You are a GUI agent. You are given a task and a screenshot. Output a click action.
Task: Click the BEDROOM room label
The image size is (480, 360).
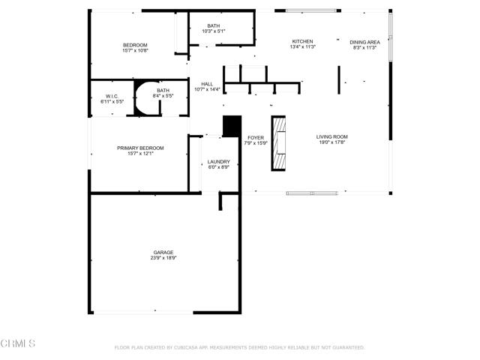coord(135,45)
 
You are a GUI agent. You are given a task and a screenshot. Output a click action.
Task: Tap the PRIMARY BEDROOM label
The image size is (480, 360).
coord(140,148)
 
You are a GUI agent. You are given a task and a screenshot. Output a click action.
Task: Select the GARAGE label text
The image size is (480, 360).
coord(163,252)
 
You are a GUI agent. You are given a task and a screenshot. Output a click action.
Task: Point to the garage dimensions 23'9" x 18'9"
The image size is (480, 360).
coord(163,258)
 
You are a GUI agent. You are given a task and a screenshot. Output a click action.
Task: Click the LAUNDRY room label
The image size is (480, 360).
coord(219,161)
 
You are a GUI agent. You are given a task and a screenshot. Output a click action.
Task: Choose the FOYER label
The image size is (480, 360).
coord(256,137)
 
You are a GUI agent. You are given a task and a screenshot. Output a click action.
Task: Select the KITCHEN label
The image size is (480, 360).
coord(302,41)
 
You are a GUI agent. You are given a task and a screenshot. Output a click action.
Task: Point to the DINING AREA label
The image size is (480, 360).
coord(364,42)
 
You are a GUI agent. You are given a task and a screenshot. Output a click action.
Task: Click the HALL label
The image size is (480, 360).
coord(207,84)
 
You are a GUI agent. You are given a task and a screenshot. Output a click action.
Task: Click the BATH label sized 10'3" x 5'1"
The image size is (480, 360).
coord(214,26)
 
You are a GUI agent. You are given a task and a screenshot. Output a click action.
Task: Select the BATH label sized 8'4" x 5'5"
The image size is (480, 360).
coord(163,90)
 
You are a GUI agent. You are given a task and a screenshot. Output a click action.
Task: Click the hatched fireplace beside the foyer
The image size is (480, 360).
coord(279,143)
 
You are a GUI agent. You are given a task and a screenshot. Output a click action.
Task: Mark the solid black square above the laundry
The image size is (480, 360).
coord(232,125)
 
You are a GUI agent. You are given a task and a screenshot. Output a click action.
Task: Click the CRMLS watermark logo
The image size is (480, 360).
coord(19,343)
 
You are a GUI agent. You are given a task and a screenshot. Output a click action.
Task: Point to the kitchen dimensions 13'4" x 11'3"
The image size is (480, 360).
coord(302,47)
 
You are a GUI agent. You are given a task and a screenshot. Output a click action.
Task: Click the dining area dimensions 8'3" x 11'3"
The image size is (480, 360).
coord(364,48)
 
